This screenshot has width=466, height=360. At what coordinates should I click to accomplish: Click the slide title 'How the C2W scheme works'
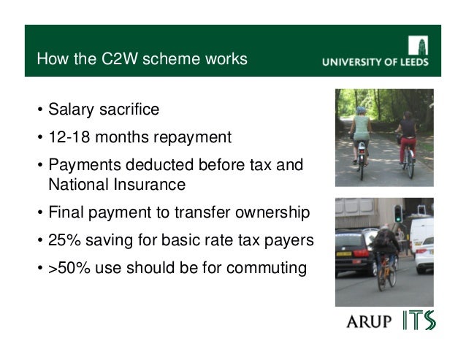[x=142, y=58]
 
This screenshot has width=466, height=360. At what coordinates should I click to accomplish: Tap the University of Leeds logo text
[x=375, y=62]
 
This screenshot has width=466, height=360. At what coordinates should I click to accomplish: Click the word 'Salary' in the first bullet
[x=71, y=110]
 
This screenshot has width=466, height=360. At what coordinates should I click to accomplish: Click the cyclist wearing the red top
[x=406, y=139]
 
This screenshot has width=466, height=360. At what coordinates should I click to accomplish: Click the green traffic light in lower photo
[x=398, y=214]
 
